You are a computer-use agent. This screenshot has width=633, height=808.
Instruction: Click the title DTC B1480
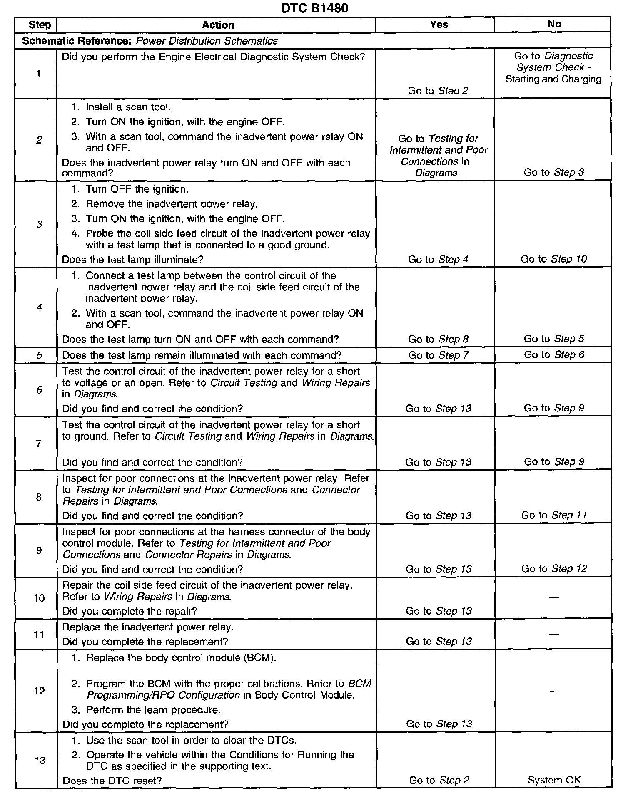[314, 8]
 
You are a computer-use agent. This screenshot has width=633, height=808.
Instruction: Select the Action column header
[218, 25]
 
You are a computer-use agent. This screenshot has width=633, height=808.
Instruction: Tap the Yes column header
[439, 25]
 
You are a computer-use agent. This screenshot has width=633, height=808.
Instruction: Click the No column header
[554, 24]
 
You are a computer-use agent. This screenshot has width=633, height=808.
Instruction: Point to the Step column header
[40, 25]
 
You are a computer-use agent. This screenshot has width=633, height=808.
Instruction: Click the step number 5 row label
[39, 355]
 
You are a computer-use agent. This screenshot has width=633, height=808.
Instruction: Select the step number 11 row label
[39, 634]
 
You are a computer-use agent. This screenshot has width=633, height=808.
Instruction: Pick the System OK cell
[554, 780]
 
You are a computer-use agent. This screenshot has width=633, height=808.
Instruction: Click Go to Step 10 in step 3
[553, 259]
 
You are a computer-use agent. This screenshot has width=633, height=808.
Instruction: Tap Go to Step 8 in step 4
[438, 339]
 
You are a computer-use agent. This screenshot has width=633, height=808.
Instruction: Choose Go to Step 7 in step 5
[438, 355]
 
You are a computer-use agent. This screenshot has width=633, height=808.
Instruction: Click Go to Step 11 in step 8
[553, 515]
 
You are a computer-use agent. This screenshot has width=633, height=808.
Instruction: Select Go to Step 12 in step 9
[554, 569]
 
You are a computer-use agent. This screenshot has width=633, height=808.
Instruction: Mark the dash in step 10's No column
[554, 598]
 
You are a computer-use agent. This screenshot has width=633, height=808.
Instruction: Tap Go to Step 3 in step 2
[553, 172]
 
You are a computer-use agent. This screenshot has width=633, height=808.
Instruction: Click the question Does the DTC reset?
[112, 781]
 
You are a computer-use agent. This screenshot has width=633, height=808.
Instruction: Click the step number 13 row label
[39, 761]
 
